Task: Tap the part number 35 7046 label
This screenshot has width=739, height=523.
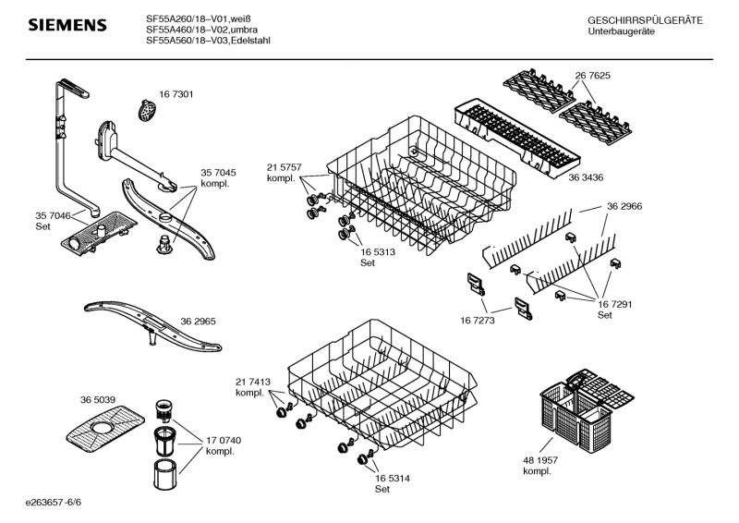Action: point(52,220)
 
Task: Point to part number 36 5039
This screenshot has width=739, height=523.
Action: point(99,399)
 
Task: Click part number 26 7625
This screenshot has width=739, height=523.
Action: point(593,75)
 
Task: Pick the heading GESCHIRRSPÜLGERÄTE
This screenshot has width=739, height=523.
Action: point(645,20)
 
